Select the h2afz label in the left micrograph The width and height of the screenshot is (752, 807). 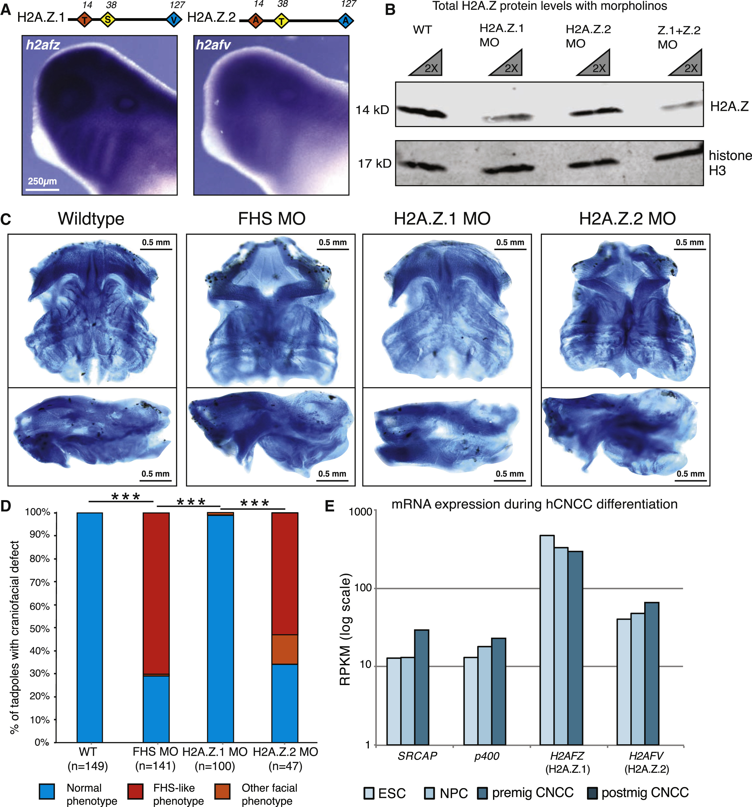pyautogui.click(x=43, y=45)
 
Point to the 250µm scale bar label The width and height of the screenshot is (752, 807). pyautogui.click(x=42, y=181)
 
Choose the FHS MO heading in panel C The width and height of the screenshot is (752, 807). pyautogui.click(x=272, y=219)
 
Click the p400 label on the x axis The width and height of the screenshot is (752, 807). pyautogui.click(x=486, y=756)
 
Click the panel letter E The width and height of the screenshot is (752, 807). pyautogui.click(x=330, y=506)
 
